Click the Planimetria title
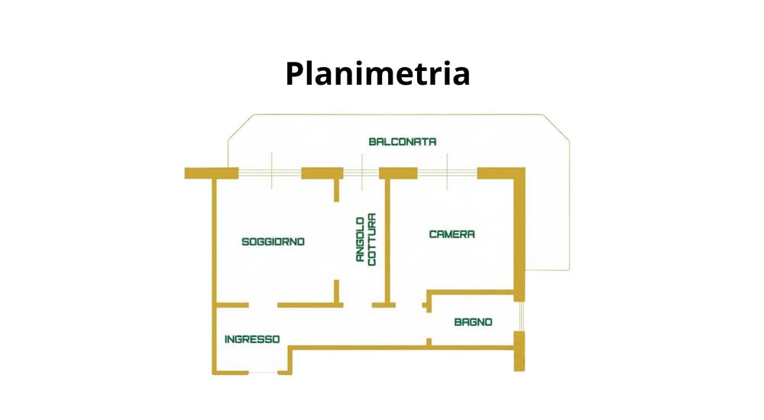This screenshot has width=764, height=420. coord(377,74)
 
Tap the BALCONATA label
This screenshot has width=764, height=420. coord(403,142)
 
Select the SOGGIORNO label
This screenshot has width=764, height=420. coord(274,241)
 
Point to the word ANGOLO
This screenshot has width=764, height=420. coord(361,239)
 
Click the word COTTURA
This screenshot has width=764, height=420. coord(372,239)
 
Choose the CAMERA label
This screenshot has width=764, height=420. coord(452,234)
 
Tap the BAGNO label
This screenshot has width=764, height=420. coord(473,322)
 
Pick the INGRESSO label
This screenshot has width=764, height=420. coord(252,339)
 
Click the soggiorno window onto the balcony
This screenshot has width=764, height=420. coord(270,173)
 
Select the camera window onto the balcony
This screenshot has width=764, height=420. coord(447,173)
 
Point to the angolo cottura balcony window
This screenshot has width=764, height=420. coord(361,173)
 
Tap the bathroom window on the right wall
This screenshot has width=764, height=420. coord(520,317)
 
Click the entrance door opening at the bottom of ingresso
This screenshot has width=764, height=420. coord(263,373)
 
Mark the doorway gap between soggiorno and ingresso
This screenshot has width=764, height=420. coord(263,305)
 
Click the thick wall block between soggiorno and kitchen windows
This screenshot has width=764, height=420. coord(322,173)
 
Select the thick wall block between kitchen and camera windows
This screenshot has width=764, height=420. coord(398,173)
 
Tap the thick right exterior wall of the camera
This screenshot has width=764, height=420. coord(520,234)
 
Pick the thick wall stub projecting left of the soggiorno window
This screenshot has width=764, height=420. coord(212,173)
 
